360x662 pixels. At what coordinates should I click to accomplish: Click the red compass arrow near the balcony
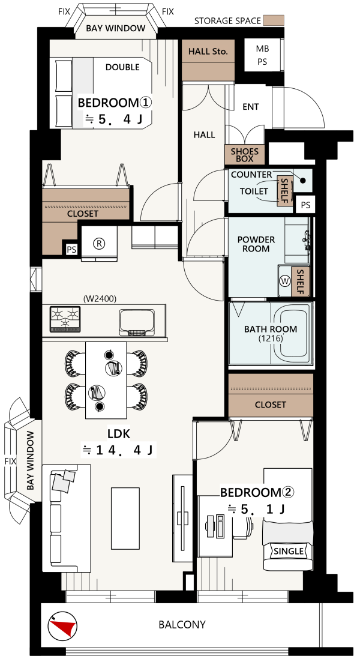click(65, 627)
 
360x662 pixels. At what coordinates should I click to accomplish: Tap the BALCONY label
click(182, 624)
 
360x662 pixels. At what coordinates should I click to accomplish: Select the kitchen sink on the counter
click(137, 322)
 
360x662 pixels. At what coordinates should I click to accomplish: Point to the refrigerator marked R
click(100, 244)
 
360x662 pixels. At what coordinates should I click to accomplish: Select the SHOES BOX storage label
click(244, 154)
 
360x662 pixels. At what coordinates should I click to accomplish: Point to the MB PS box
click(262, 55)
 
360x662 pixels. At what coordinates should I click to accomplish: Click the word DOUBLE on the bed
click(122, 67)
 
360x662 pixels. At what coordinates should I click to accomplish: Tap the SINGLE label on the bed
click(289, 551)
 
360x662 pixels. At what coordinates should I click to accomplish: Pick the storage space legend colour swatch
click(274, 20)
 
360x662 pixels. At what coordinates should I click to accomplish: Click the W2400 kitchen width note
click(100, 299)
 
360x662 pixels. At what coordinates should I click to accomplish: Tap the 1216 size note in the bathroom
click(271, 338)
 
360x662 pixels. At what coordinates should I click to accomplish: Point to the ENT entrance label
click(251, 107)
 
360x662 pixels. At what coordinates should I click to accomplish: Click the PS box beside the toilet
click(305, 205)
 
